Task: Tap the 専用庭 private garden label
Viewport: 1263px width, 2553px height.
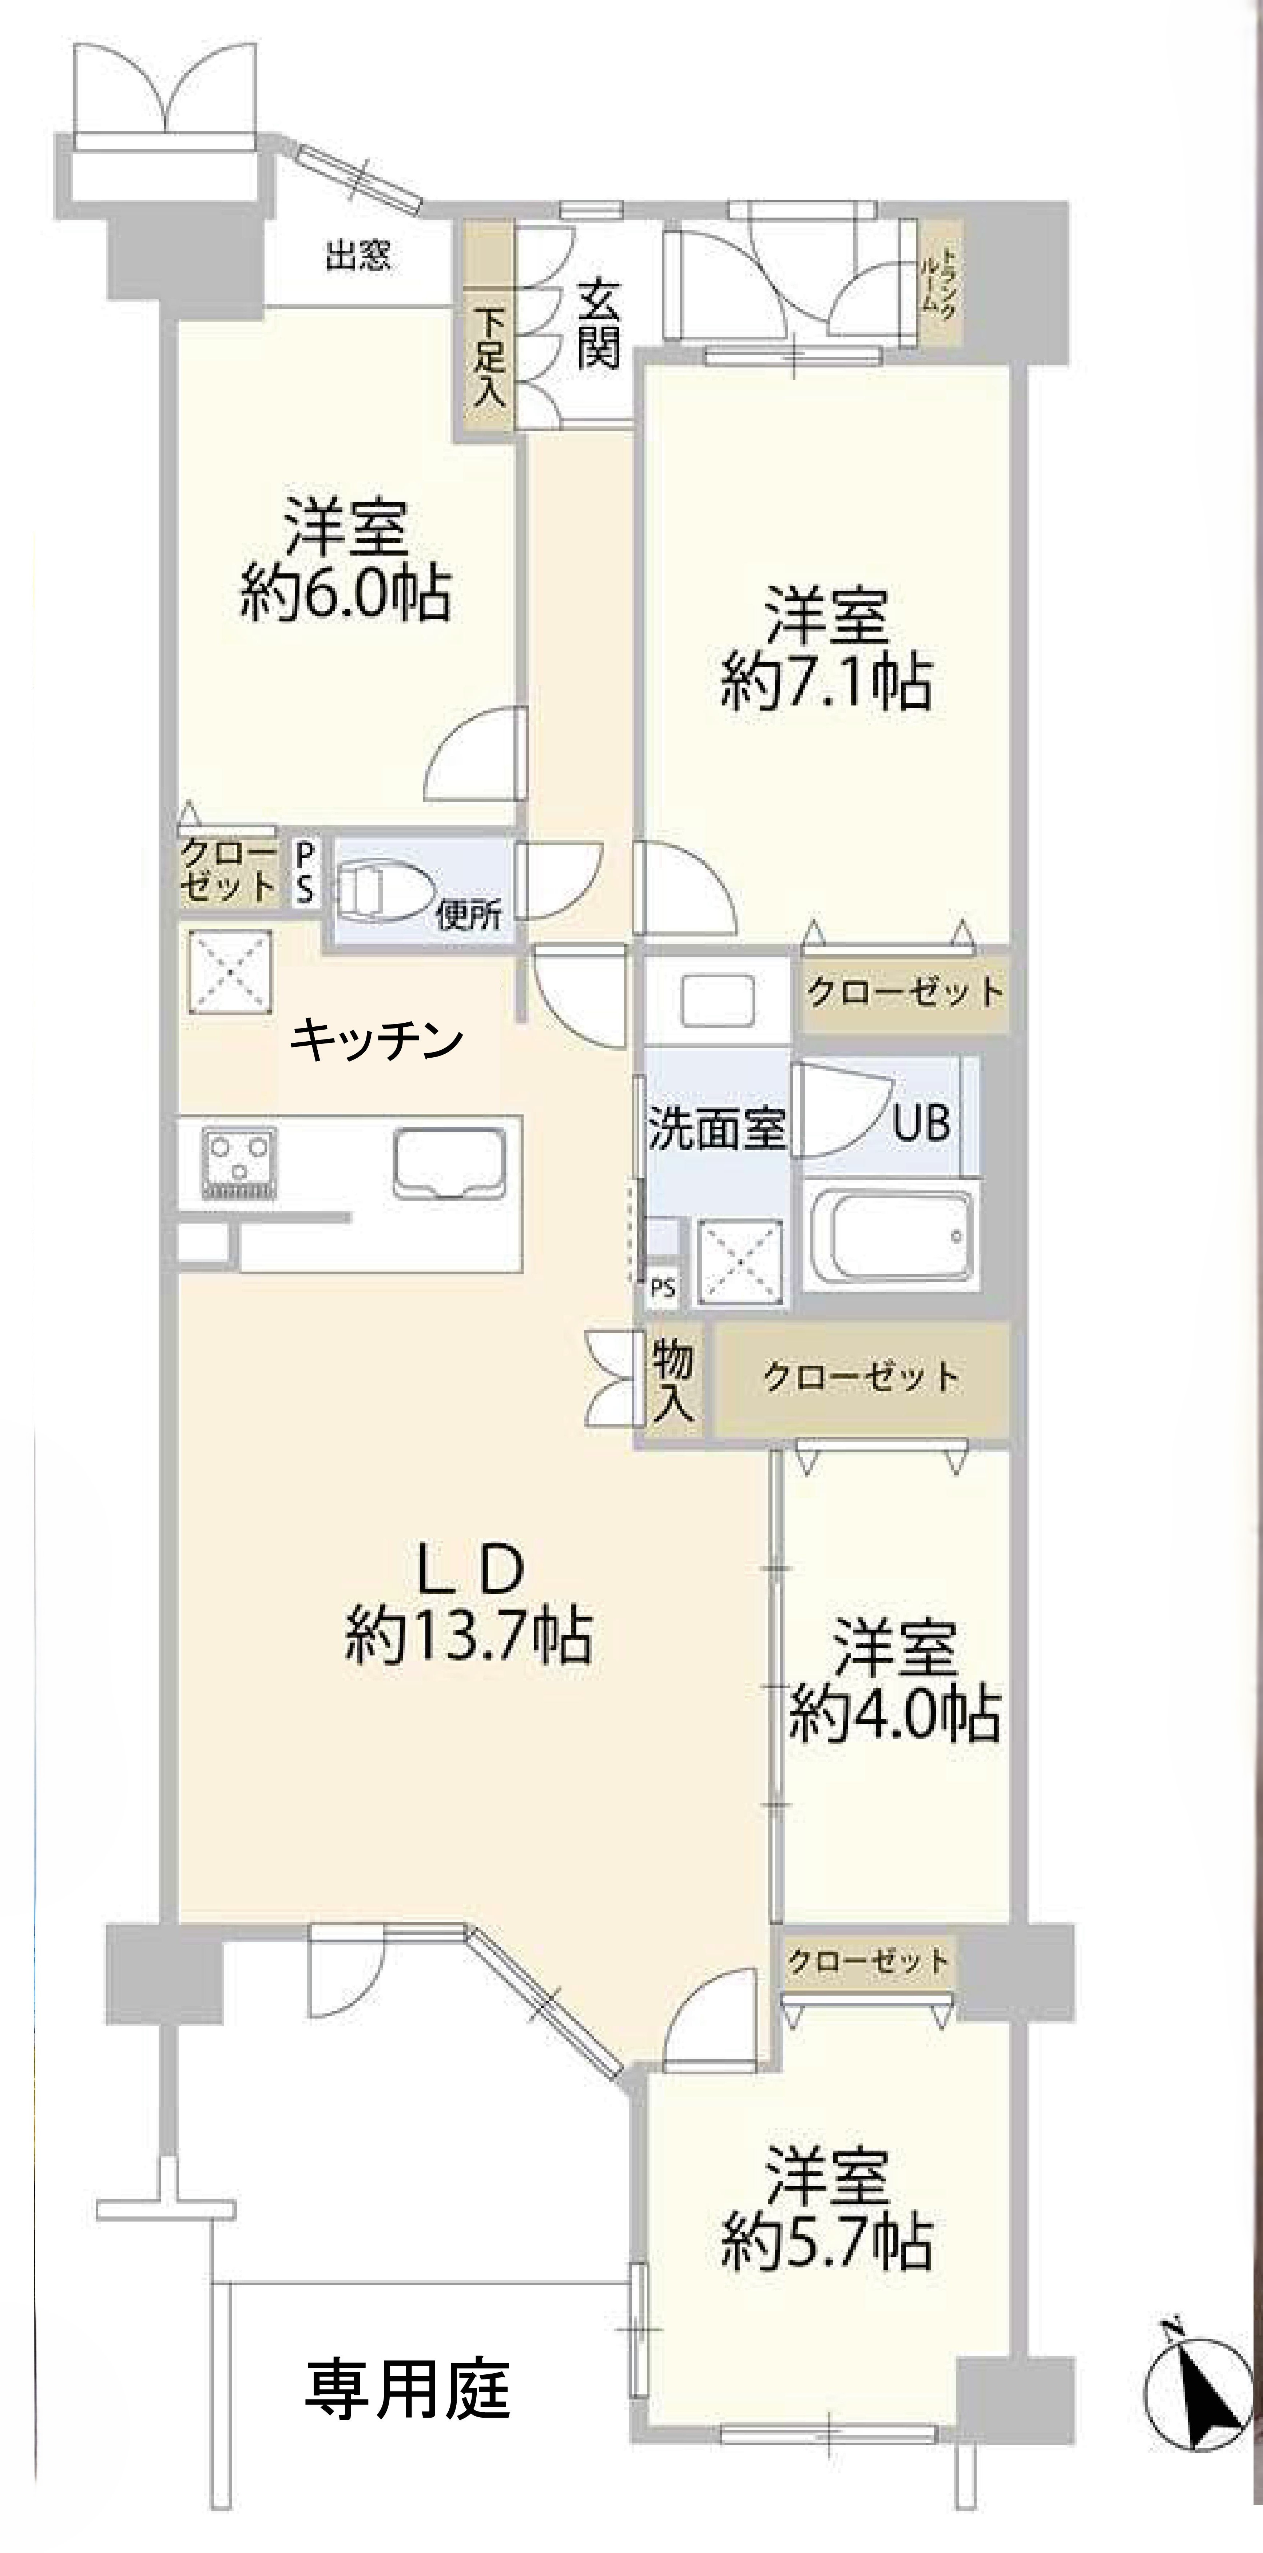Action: [x=406, y=2389]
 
